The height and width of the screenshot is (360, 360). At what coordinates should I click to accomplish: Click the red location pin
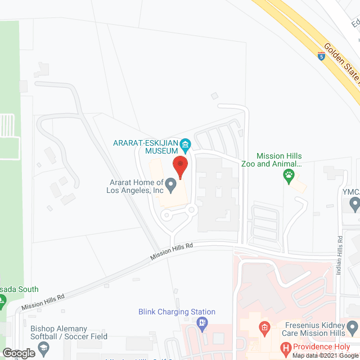click(x=180, y=166)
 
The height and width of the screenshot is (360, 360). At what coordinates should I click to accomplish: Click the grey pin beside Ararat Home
click(x=173, y=186)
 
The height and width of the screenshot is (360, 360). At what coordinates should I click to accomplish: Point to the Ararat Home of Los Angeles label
click(x=135, y=186)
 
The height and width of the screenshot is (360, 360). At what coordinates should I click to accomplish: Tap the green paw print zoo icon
click(x=289, y=175)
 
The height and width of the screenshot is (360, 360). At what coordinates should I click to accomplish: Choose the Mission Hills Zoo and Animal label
click(x=279, y=160)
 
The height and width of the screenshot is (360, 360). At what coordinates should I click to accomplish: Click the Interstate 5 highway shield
click(x=321, y=57)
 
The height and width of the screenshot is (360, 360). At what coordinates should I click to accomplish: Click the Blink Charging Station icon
click(x=202, y=323)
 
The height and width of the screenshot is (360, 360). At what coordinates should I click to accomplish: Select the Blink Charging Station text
click(x=177, y=312)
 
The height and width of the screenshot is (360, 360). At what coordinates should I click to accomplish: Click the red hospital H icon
click(x=287, y=348)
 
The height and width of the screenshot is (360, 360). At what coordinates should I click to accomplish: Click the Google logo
click(x=19, y=353)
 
